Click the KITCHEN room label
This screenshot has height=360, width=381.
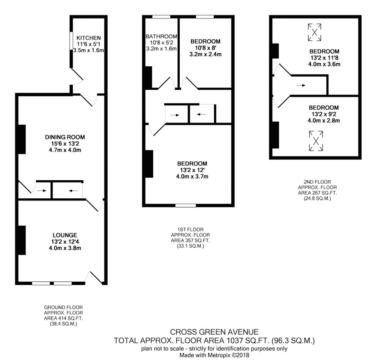click(89, 38)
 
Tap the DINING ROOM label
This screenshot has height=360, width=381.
click(65, 137)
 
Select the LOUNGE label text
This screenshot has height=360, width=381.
click(65, 235)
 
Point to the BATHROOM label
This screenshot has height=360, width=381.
click(161, 37)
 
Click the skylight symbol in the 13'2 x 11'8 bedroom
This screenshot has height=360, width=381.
click(314, 32)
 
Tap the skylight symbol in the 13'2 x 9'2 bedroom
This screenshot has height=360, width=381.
click(316, 141)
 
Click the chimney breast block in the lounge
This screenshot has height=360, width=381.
click(22, 240)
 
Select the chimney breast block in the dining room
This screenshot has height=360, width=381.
click(22, 139)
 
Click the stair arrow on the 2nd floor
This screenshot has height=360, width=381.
click(301, 85)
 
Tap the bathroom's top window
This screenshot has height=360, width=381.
click(161, 17)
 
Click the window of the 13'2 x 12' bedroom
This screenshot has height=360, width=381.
click(186, 206)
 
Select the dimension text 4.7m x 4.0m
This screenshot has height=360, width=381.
click(65, 150)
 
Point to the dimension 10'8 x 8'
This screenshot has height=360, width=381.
click(205, 48)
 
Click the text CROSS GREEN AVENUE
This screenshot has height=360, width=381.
click(214, 332)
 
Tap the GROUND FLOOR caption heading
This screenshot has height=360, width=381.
click(63, 307)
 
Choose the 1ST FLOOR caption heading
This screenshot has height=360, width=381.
click(190, 230)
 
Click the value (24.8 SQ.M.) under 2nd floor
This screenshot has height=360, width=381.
click(317, 198)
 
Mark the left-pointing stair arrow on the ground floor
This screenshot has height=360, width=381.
click(73, 191)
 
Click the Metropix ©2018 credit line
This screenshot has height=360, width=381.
click(214, 355)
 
